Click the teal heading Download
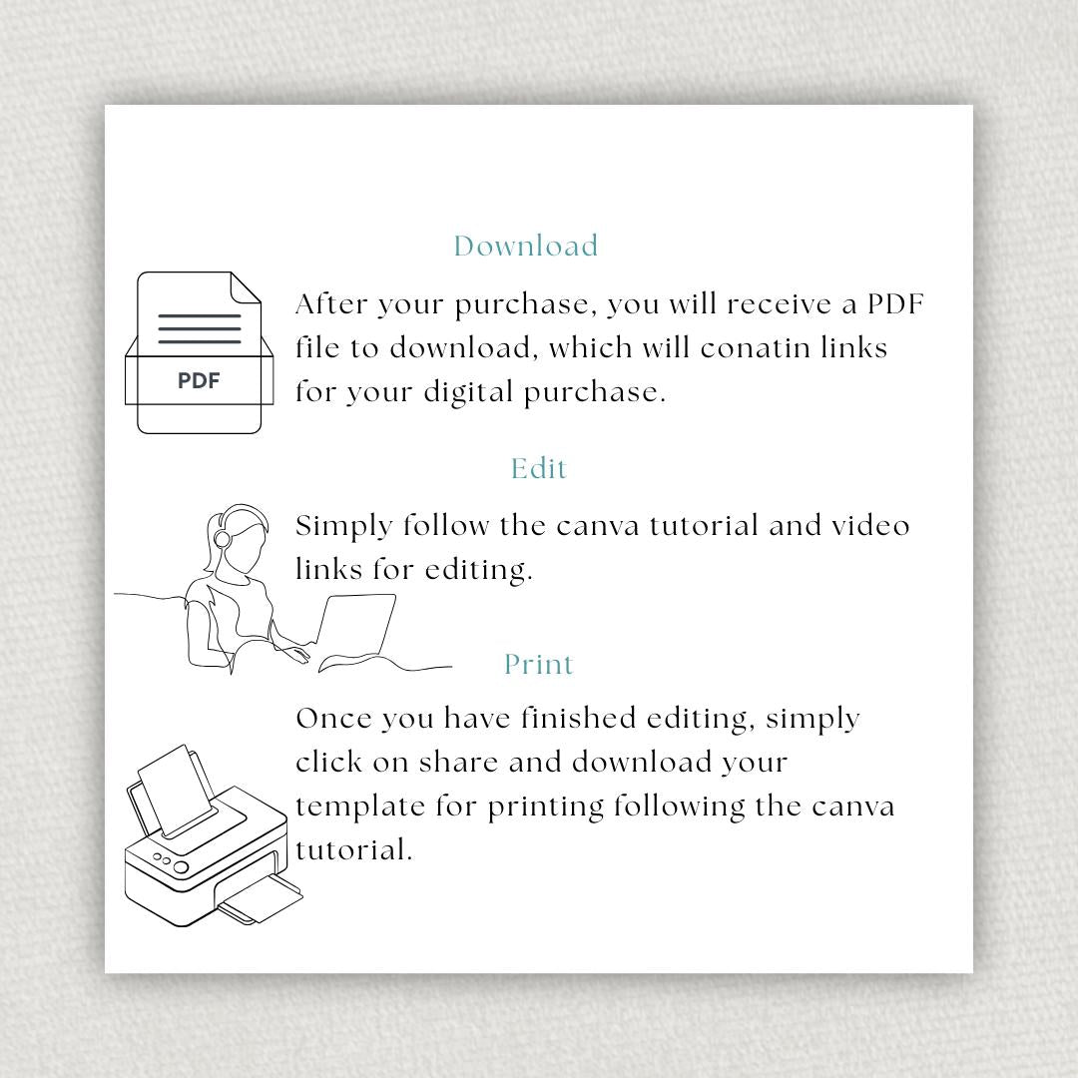click(x=526, y=247)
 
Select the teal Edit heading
click(x=539, y=469)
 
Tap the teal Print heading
click(x=539, y=665)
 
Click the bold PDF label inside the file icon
click(x=199, y=380)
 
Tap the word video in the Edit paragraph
click(x=870, y=526)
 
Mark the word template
click(x=360, y=808)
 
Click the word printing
click(x=546, y=808)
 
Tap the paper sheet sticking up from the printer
click(x=175, y=789)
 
